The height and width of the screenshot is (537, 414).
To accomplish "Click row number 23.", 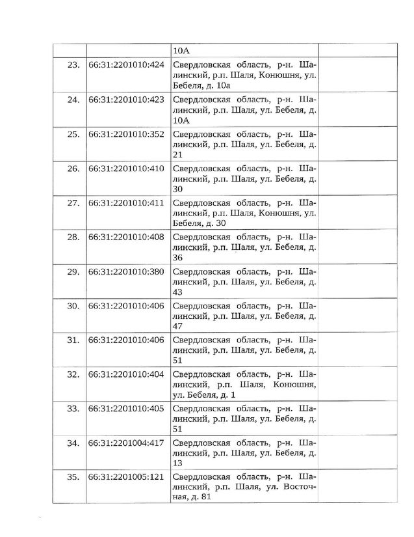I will pyautogui.click(x=73, y=65).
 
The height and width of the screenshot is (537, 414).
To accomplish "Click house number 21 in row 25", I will pyautogui.click(x=177, y=155).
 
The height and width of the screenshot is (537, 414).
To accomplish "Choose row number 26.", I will pyautogui.click(x=73, y=169).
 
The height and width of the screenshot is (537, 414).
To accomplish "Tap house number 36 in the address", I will pyautogui.click(x=177, y=258).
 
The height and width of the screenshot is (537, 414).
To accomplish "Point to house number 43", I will pyautogui.click(x=177, y=292).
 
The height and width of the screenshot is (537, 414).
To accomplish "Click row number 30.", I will pyautogui.click(x=73, y=305).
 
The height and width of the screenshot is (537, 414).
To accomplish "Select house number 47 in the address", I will pyautogui.click(x=177, y=326).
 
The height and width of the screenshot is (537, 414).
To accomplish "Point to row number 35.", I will pyautogui.click(x=73, y=477).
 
